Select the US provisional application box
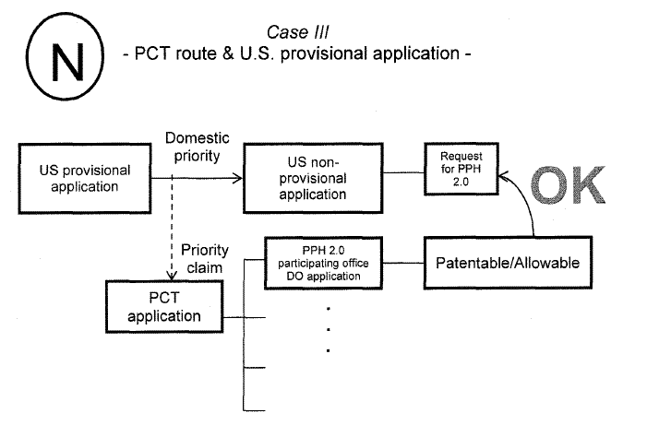[x=85, y=178]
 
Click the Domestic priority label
[x=194, y=147]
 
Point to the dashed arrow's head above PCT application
[x=173, y=276]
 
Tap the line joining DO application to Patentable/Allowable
[x=402, y=264]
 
